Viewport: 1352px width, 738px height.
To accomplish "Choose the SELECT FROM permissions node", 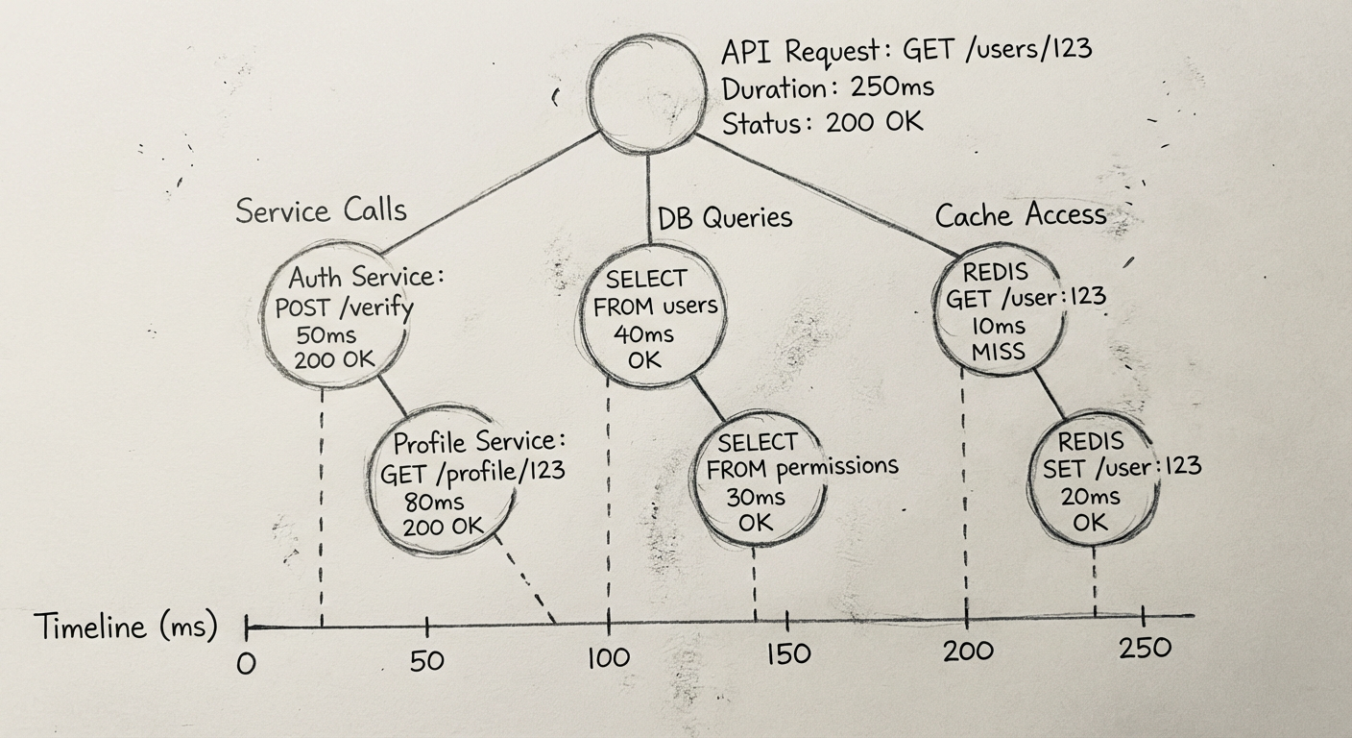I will tap(759, 481).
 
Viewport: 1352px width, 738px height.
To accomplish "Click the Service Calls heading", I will tap(321, 210).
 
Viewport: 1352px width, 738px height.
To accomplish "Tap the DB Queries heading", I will tap(725, 218).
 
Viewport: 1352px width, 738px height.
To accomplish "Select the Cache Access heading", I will tap(1021, 214).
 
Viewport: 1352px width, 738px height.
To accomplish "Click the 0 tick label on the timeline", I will tap(247, 664).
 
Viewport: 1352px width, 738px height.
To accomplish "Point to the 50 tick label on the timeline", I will tap(427, 661).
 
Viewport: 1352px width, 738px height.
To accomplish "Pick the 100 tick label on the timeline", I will tap(607, 658).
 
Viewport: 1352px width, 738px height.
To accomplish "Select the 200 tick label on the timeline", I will tap(967, 651).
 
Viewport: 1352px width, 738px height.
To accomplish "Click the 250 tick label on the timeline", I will tap(1146, 647).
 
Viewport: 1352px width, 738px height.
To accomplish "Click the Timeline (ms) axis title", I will tap(126, 627).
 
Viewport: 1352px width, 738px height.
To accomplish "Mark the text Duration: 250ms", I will tap(828, 87).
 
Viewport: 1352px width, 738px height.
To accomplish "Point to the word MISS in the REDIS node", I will tap(999, 352).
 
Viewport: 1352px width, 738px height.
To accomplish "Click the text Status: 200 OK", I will tap(822, 123).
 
